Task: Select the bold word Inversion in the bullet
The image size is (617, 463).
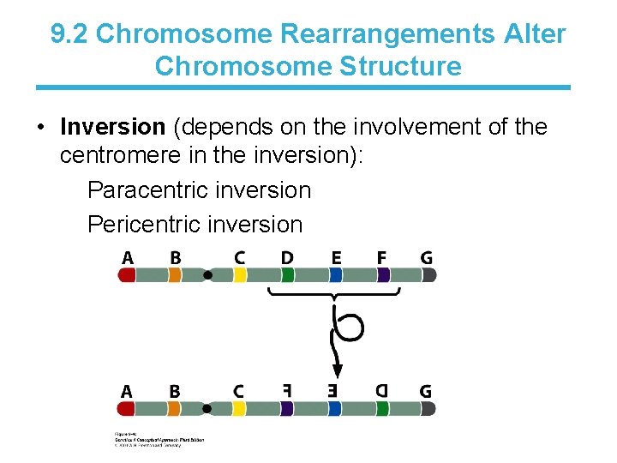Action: [112, 128]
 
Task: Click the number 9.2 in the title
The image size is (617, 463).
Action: [69, 34]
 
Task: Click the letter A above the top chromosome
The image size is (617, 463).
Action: [128, 257]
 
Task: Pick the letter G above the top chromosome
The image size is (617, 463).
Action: [426, 257]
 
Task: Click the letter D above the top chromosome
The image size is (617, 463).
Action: [287, 257]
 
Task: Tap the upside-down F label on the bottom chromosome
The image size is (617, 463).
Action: [287, 391]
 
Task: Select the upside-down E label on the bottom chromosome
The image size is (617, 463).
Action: [335, 391]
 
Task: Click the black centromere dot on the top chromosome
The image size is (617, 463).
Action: [207, 275]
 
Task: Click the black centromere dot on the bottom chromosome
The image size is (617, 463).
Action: [207, 409]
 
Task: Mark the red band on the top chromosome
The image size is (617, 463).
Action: [127, 275]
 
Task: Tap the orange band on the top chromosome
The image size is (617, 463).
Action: [175, 275]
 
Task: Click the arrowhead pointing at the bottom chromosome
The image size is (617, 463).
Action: [337, 371]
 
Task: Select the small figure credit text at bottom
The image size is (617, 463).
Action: [159, 439]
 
